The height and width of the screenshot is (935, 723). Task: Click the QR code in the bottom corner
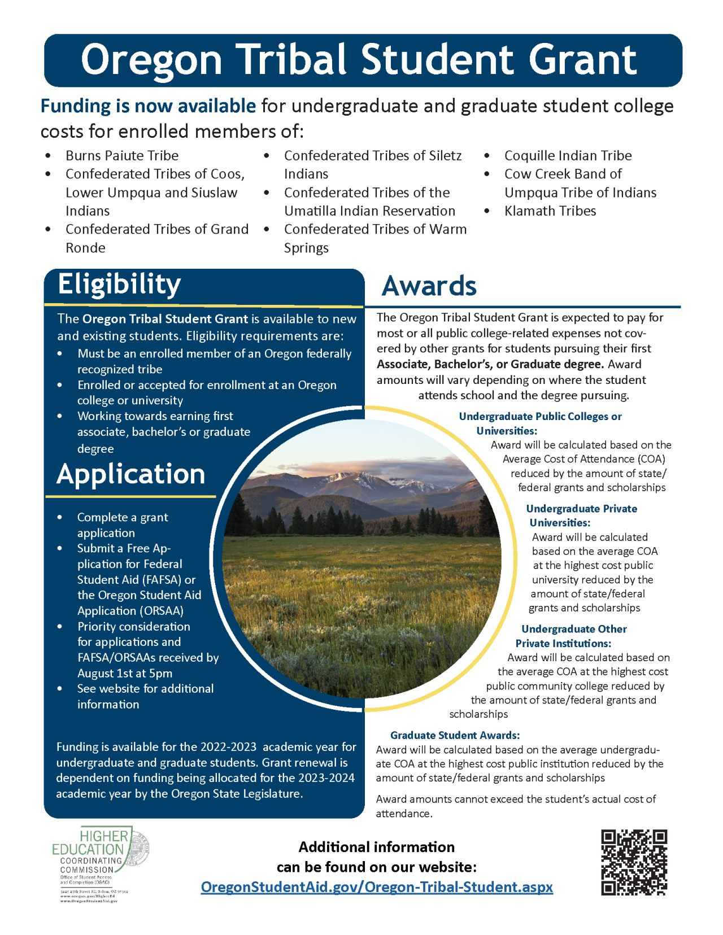coord(634,862)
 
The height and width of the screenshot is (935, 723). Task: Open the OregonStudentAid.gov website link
coord(377,887)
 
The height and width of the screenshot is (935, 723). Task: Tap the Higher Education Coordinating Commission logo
coord(100,864)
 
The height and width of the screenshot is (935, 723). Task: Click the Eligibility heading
coord(119,284)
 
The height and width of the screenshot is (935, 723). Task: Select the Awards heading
coord(429,286)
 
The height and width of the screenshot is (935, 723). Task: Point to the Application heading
coord(130,474)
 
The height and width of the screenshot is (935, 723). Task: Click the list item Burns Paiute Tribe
coord(121,155)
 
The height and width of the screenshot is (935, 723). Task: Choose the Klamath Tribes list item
coord(550,211)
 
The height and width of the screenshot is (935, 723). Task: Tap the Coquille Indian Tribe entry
coord(568,155)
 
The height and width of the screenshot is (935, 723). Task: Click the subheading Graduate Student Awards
coord(455,735)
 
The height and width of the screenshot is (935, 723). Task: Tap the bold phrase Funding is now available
coord(148,106)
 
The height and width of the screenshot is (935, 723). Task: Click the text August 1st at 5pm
coord(125,673)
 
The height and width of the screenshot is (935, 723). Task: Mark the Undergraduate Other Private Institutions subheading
coord(570,636)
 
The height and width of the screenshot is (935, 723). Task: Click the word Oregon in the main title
coord(151,59)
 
